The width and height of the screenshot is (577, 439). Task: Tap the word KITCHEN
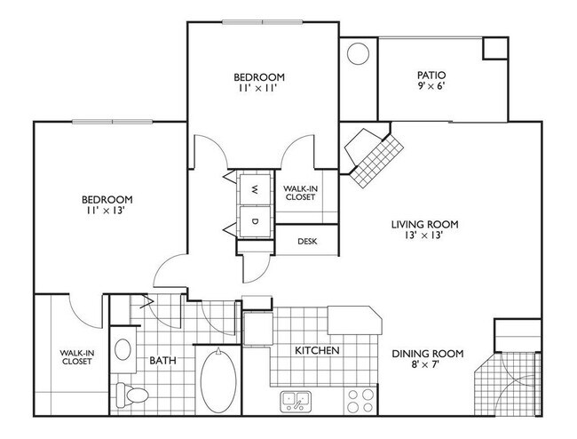pos(318,351)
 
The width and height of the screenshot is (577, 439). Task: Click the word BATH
pos(162,360)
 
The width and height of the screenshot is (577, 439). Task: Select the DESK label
pos(307,241)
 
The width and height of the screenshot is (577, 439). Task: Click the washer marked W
pos(254,188)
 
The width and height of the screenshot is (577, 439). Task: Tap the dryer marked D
pos(254,220)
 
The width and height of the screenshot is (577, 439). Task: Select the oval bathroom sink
pos(123,347)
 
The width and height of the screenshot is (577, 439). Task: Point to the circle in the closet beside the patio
pos(358,55)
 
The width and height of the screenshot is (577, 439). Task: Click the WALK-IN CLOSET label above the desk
pos(298,193)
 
